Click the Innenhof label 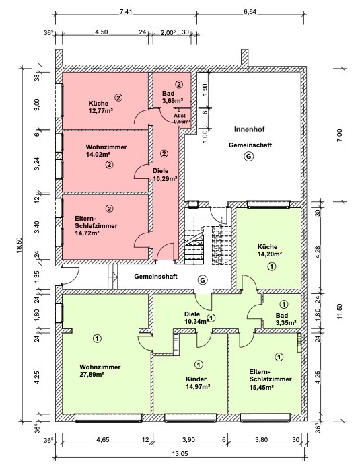tap(250, 129)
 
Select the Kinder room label tap(196, 379)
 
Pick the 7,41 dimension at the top tap(126, 12)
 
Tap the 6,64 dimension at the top tap(250, 12)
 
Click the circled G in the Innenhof tap(249, 157)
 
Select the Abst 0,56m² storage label tap(182, 118)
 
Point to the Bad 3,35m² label tap(286, 319)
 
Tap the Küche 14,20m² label tap(268, 250)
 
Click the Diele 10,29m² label tap(165, 175)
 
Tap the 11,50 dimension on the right tap(338, 311)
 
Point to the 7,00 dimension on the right tap(338, 135)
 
